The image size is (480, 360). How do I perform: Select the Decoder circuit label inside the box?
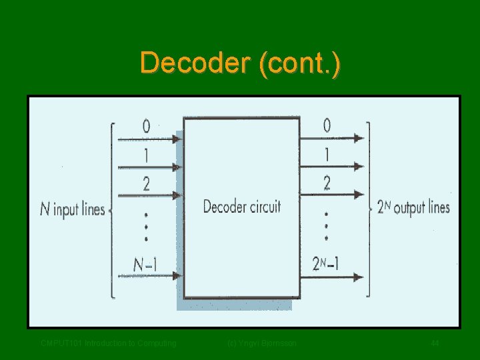pos(242,207)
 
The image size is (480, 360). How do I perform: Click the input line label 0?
pos(146,126)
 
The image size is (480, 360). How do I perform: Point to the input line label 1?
pos(146,155)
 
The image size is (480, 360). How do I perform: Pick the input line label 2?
pos(146,183)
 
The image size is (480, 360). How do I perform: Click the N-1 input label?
pos(145,264)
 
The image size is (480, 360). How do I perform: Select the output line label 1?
pos(327,155)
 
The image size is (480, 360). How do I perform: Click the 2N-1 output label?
pos(326,264)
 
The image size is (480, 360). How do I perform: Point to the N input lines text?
pos(73,209)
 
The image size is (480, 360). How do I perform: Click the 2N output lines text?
pos(413,207)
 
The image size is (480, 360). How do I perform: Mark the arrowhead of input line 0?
pos(176,139)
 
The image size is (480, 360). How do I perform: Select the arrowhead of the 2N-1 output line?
pos(359,276)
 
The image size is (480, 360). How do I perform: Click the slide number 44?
pos(435,343)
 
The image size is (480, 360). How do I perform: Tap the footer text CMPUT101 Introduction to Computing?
pos(109,343)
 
